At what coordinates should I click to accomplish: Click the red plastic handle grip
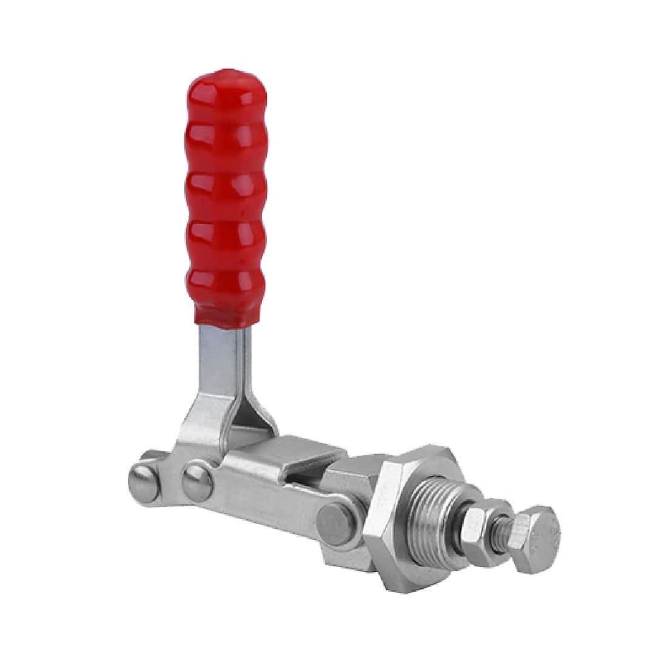(x=224, y=200)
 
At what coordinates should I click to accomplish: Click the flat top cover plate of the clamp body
(x=291, y=452)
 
